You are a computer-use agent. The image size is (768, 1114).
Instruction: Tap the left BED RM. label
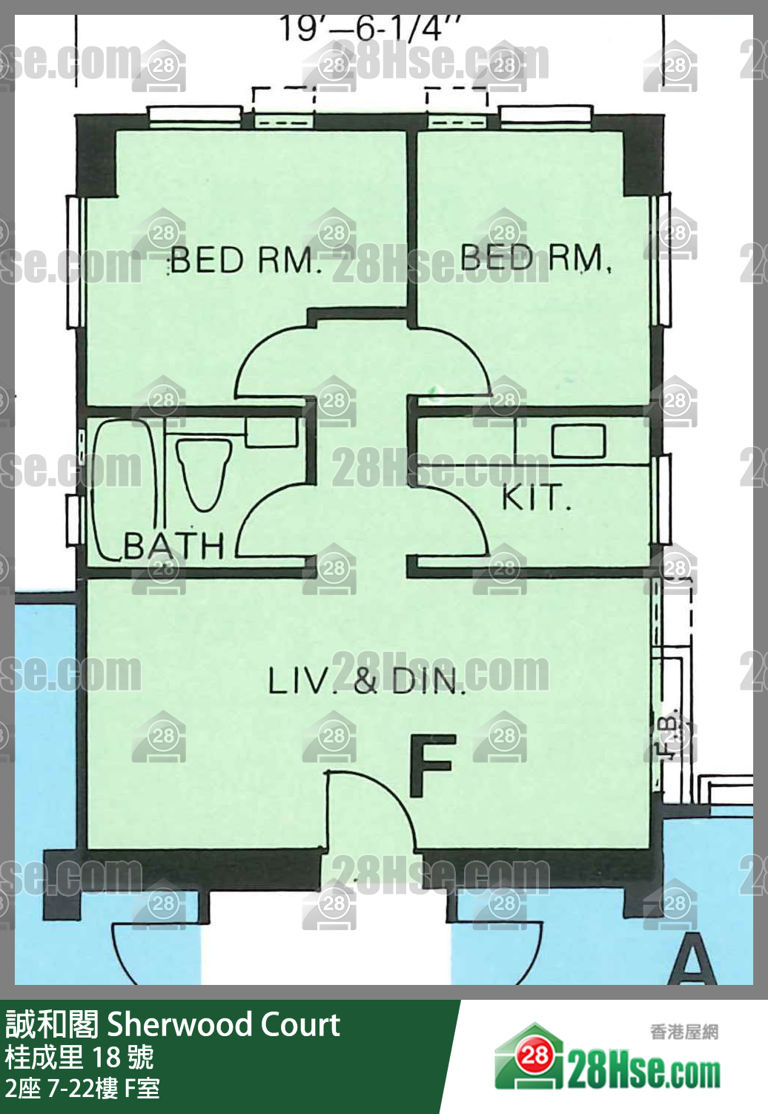point(244,260)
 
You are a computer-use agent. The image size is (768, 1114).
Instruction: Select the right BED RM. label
point(535,257)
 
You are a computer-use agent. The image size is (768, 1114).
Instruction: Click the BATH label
point(173,546)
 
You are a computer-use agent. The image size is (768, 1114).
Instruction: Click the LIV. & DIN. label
point(367,681)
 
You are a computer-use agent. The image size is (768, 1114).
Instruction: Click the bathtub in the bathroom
point(125,490)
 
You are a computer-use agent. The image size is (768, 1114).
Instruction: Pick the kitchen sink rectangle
point(579,441)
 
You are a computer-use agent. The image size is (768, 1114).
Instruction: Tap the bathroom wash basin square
point(272,432)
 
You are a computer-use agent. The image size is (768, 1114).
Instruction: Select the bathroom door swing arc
point(259,512)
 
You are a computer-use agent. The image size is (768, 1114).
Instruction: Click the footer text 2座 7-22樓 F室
point(82,1089)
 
